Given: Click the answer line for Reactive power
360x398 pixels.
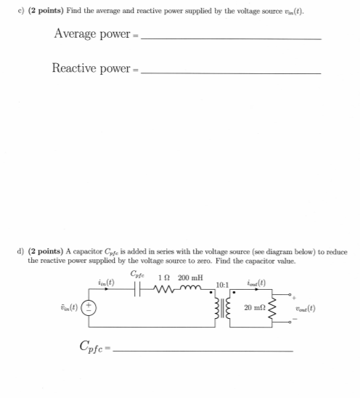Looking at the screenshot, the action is pyautogui.click(x=231, y=73).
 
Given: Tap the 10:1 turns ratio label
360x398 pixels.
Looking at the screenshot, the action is pyautogui.click(x=224, y=284).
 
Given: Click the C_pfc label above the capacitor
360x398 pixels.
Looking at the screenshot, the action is pyautogui.click(x=137, y=274).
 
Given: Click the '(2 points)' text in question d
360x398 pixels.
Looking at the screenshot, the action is pyautogui.click(x=47, y=251).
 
